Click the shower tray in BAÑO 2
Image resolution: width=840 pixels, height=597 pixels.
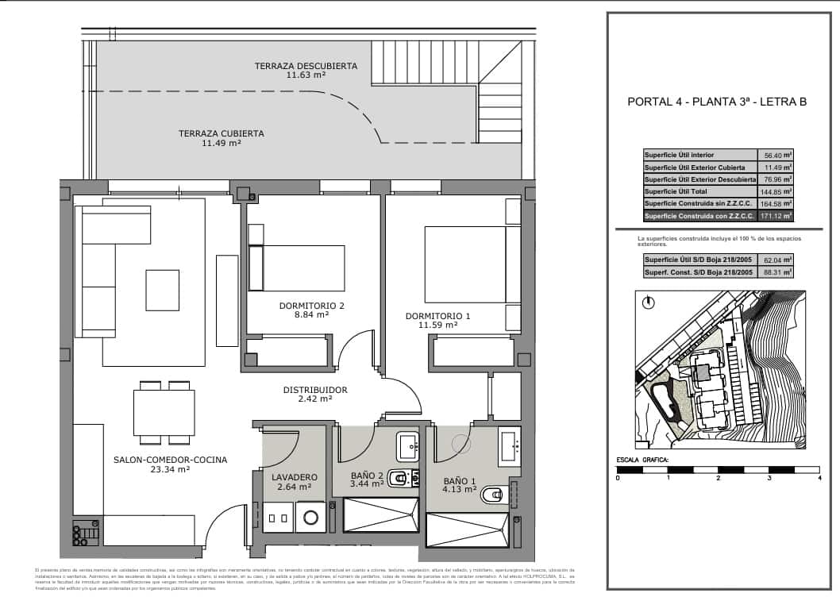(x=379, y=515)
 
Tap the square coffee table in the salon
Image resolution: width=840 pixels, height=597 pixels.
(x=162, y=290)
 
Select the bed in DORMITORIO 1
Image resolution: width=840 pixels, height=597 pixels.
(x=465, y=264)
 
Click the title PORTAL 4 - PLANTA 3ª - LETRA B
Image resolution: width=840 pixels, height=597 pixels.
(x=717, y=101)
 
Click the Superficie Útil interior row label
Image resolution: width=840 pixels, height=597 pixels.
(x=680, y=156)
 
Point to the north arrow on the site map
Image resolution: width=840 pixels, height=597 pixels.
(x=649, y=302)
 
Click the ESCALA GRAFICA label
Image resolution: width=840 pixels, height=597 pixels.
(x=642, y=460)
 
